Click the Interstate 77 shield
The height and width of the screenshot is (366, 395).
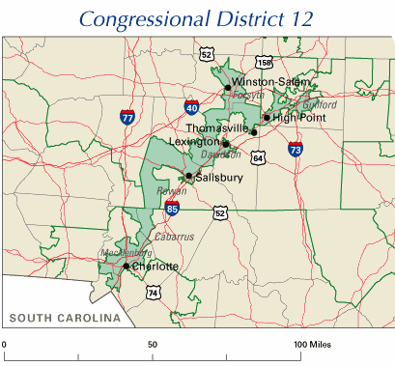click(x=127, y=117)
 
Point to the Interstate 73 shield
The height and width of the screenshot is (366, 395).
click(x=295, y=149)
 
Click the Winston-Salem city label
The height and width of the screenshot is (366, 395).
click(x=266, y=84)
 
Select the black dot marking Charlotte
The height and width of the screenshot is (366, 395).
click(x=126, y=266)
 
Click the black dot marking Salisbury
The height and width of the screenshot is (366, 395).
click(x=188, y=176)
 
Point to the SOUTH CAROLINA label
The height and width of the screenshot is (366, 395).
click(x=65, y=318)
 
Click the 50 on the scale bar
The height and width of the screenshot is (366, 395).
click(x=152, y=344)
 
